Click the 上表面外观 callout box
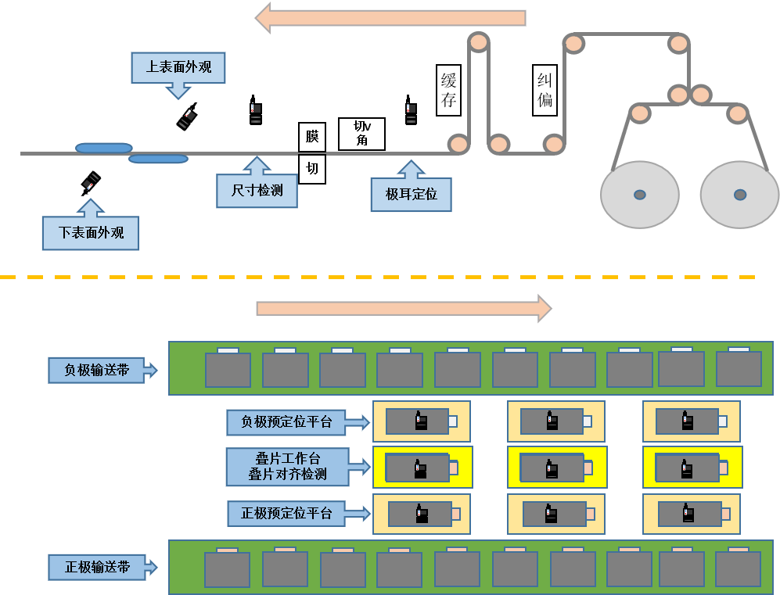[178, 67]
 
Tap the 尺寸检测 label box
[257, 189]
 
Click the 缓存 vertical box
[448, 90]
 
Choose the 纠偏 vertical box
[545, 90]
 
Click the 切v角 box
[361, 134]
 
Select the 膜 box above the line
[312, 137]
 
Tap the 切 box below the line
[312, 169]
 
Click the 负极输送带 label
[97, 371]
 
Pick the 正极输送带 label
[97, 567]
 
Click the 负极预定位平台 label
[286, 422]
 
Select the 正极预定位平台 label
[286, 514]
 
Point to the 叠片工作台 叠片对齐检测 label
[288, 466]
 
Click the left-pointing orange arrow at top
[390, 18]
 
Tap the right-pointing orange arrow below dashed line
[404, 309]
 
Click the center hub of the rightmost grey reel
[740, 195]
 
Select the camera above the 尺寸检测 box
[255, 110]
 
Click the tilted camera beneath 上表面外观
[188, 116]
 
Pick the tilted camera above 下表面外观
[91, 183]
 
